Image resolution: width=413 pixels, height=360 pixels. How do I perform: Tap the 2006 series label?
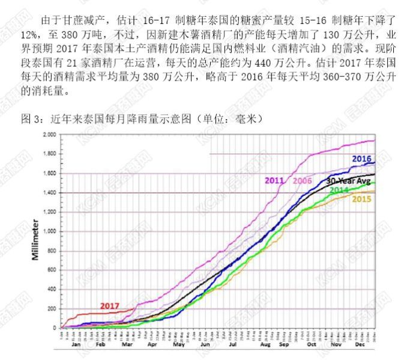(303, 180)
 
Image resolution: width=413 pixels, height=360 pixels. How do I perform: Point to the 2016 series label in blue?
(361, 158)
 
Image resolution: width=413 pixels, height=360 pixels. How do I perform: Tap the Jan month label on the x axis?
(76, 346)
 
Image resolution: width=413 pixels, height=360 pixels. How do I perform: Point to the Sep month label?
(284, 346)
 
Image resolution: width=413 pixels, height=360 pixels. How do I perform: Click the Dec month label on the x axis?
(361, 346)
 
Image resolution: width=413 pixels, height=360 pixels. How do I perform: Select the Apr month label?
(152, 346)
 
